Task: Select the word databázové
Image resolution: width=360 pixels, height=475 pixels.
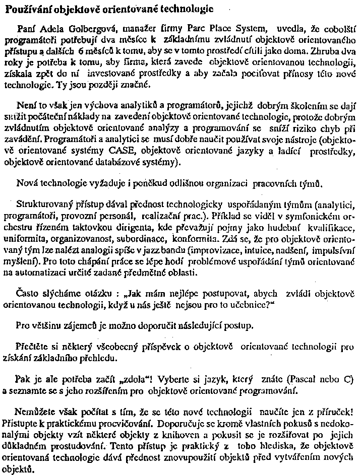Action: [93, 164]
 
